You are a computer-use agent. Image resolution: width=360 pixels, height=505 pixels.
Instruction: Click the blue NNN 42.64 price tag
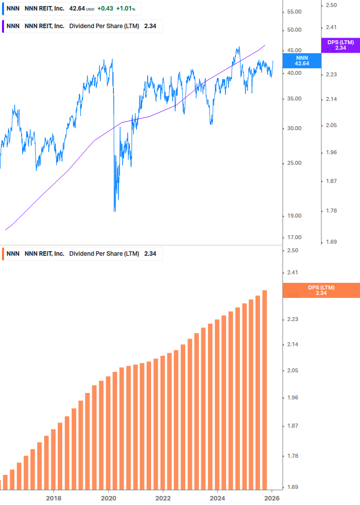[302, 61]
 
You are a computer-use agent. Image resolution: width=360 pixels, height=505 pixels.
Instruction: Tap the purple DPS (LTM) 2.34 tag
[340, 45]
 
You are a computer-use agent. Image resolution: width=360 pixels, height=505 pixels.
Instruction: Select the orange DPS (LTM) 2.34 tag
[321, 290]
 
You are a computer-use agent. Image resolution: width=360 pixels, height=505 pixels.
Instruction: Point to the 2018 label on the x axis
[54, 498]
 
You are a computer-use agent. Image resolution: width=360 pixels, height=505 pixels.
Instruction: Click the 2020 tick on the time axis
[108, 498]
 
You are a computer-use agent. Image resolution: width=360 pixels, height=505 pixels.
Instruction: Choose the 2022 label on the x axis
[163, 498]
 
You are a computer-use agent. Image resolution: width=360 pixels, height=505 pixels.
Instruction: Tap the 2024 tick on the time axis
[217, 498]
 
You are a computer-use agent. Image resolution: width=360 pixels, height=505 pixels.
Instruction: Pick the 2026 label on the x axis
[272, 498]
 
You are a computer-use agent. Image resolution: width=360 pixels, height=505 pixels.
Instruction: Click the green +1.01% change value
[126, 9]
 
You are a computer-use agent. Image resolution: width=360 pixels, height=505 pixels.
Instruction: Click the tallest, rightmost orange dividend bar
[265, 389]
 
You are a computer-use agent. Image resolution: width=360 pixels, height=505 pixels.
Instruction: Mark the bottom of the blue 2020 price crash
[114, 211]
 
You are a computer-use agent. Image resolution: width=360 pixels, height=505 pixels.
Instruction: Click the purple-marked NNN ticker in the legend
[13, 26]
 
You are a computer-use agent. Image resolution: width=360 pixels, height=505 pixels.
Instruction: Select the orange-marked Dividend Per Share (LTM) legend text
[104, 254]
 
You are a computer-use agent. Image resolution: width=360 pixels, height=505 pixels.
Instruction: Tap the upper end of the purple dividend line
[265, 46]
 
